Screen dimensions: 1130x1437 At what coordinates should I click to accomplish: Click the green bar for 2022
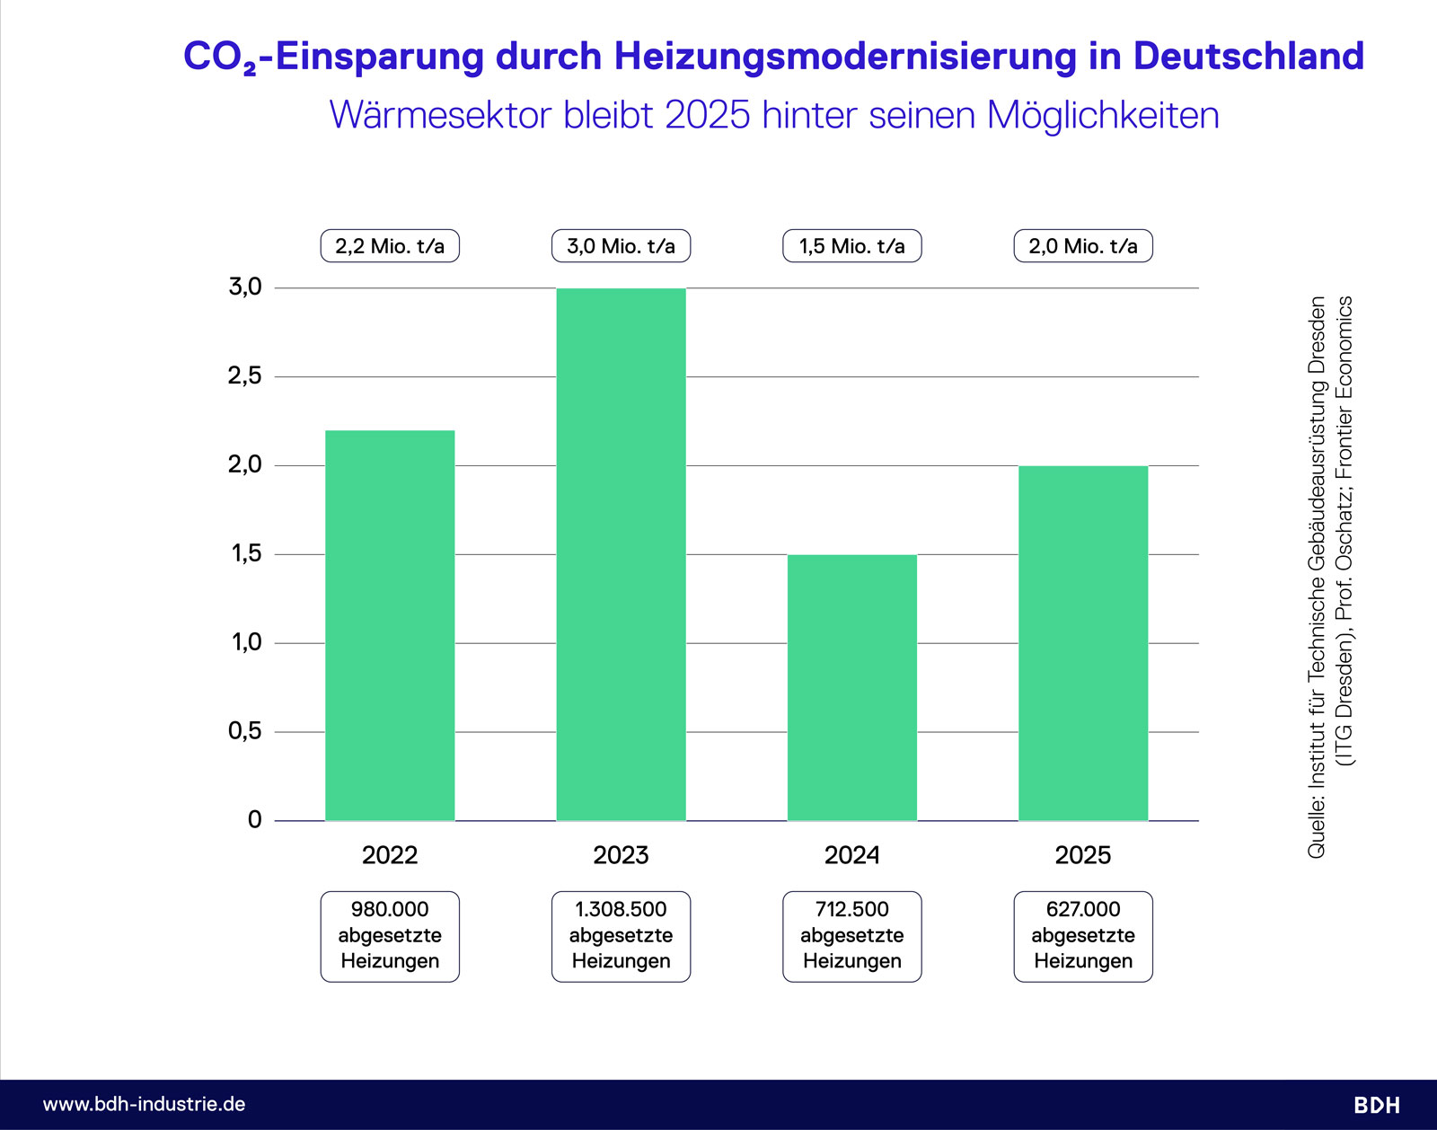point(390,625)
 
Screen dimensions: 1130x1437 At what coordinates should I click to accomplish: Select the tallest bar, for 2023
point(621,554)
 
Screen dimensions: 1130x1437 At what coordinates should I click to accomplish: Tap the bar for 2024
point(851,687)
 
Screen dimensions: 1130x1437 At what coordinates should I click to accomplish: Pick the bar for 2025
point(1082,643)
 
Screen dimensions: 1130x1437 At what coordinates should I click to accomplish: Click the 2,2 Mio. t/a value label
point(390,246)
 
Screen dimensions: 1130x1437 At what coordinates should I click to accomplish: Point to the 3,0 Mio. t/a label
point(621,246)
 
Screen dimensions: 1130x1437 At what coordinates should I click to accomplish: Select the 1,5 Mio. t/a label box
point(851,246)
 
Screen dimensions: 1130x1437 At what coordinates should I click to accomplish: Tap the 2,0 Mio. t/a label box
point(1082,246)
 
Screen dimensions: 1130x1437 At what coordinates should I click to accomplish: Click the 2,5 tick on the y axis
point(244,376)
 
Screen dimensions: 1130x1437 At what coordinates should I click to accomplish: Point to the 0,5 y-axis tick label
point(244,731)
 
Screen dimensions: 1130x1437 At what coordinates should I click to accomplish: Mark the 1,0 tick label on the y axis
point(246,643)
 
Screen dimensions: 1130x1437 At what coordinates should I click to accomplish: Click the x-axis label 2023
point(621,855)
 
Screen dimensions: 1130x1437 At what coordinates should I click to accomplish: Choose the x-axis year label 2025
point(1082,855)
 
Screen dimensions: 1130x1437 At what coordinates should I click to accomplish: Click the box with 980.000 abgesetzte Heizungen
point(390,936)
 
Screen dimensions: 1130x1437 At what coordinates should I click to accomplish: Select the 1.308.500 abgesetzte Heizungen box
point(621,936)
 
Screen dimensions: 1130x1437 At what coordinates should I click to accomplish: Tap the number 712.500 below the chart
point(851,910)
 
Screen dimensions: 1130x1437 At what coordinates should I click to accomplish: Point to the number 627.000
point(1082,910)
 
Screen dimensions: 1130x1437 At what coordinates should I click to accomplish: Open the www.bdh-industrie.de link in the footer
point(145,1104)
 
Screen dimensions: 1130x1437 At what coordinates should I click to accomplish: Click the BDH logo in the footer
point(1377,1105)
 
